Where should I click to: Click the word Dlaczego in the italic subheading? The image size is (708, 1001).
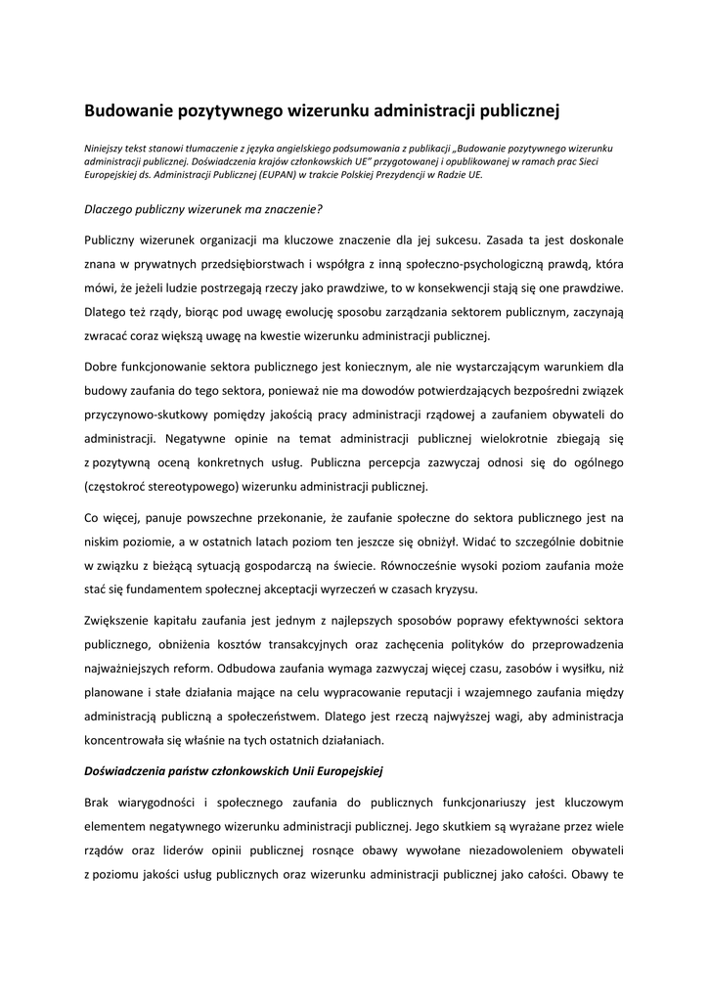click(111, 208)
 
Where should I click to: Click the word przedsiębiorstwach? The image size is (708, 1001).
click(259, 264)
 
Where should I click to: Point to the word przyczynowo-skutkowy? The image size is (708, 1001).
click(149, 414)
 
